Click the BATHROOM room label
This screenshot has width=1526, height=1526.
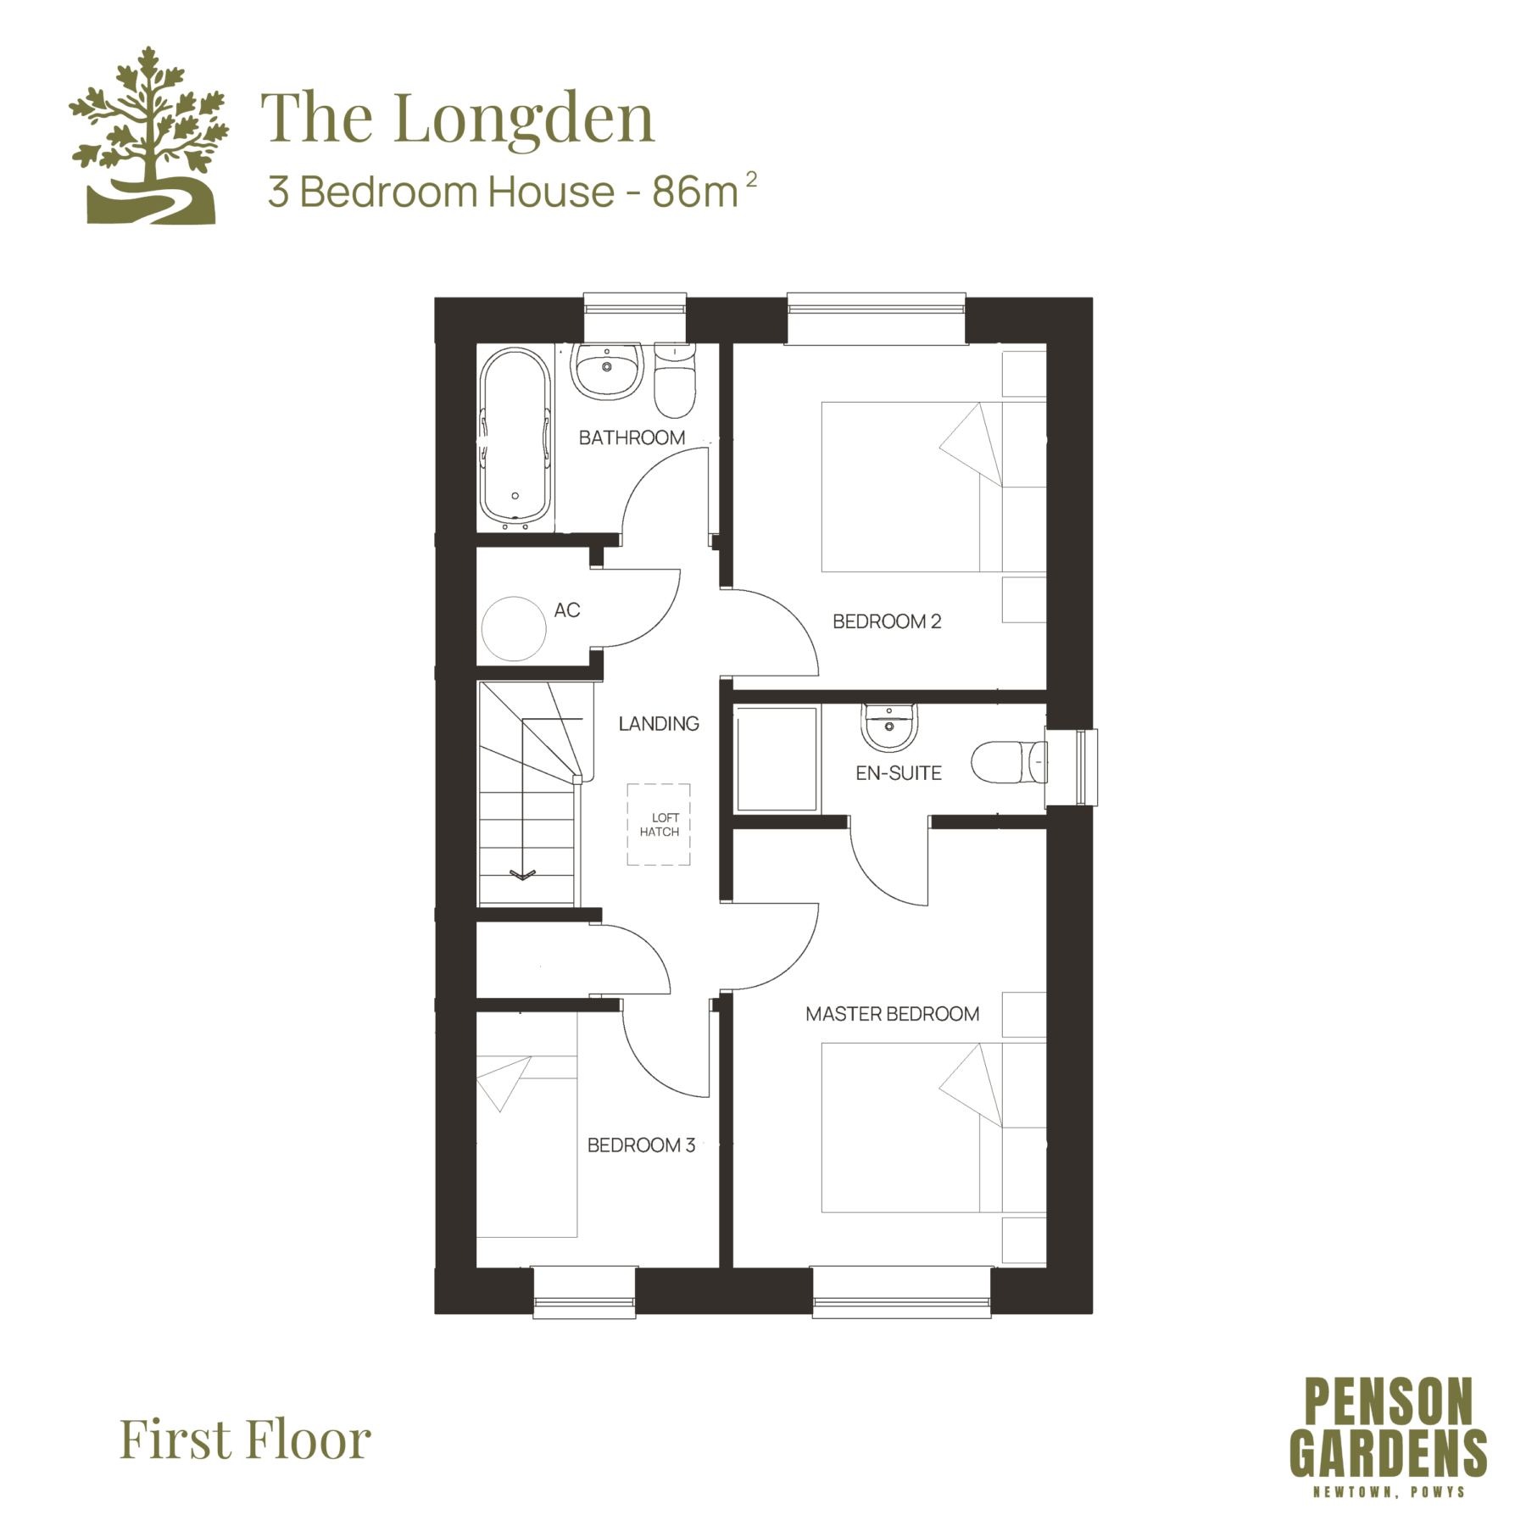[632, 437]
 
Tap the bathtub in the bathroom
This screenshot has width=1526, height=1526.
[515, 437]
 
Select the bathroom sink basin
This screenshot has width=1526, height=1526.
[606, 370]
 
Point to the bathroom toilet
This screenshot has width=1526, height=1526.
[675, 381]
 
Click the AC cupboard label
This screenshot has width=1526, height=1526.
[567, 610]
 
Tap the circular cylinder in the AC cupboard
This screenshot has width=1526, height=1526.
[514, 629]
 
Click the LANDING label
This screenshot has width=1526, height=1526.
[659, 724]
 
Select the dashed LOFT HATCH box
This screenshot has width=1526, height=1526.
[659, 824]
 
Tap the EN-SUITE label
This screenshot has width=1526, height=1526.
[899, 773]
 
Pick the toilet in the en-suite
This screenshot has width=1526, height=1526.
[1009, 762]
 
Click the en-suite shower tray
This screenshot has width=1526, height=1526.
[777, 760]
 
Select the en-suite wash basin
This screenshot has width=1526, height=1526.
[888, 727]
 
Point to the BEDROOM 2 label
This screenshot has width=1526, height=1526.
[887, 621]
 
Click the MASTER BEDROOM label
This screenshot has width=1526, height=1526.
[893, 1014]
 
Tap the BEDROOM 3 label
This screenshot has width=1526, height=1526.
[642, 1145]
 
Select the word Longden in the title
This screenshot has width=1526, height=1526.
[524, 120]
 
